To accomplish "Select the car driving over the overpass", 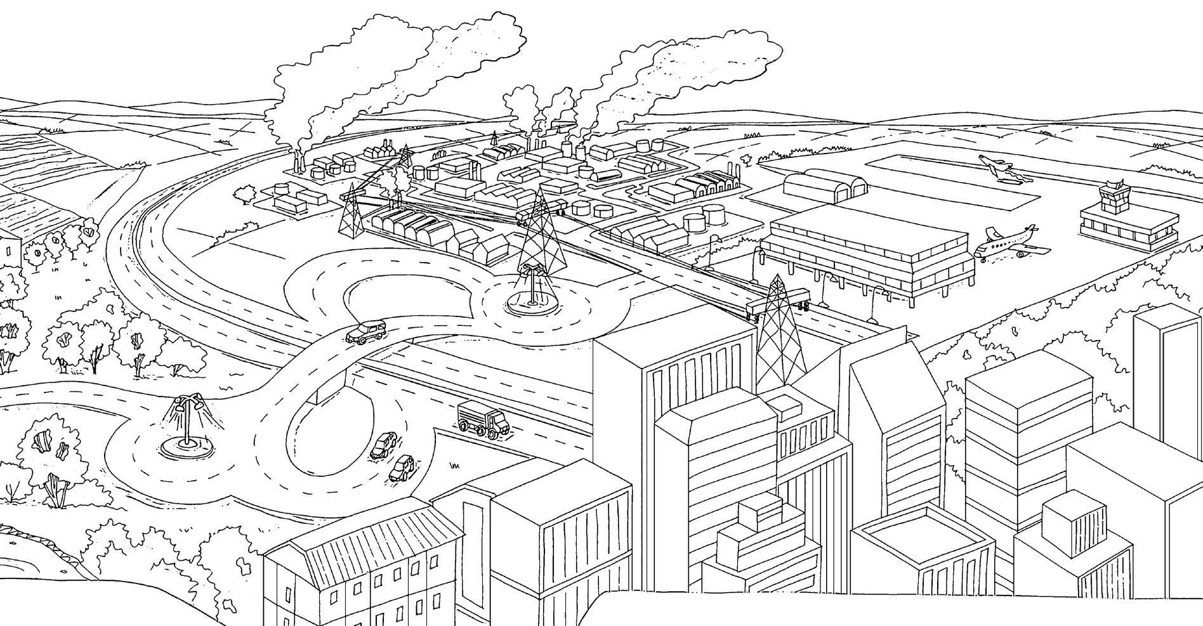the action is [366, 332].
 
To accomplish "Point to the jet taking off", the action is [996, 167].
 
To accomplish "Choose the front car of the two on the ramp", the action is [401, 467].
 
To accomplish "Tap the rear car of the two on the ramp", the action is [384, 445].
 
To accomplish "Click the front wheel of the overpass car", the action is [362, 341].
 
